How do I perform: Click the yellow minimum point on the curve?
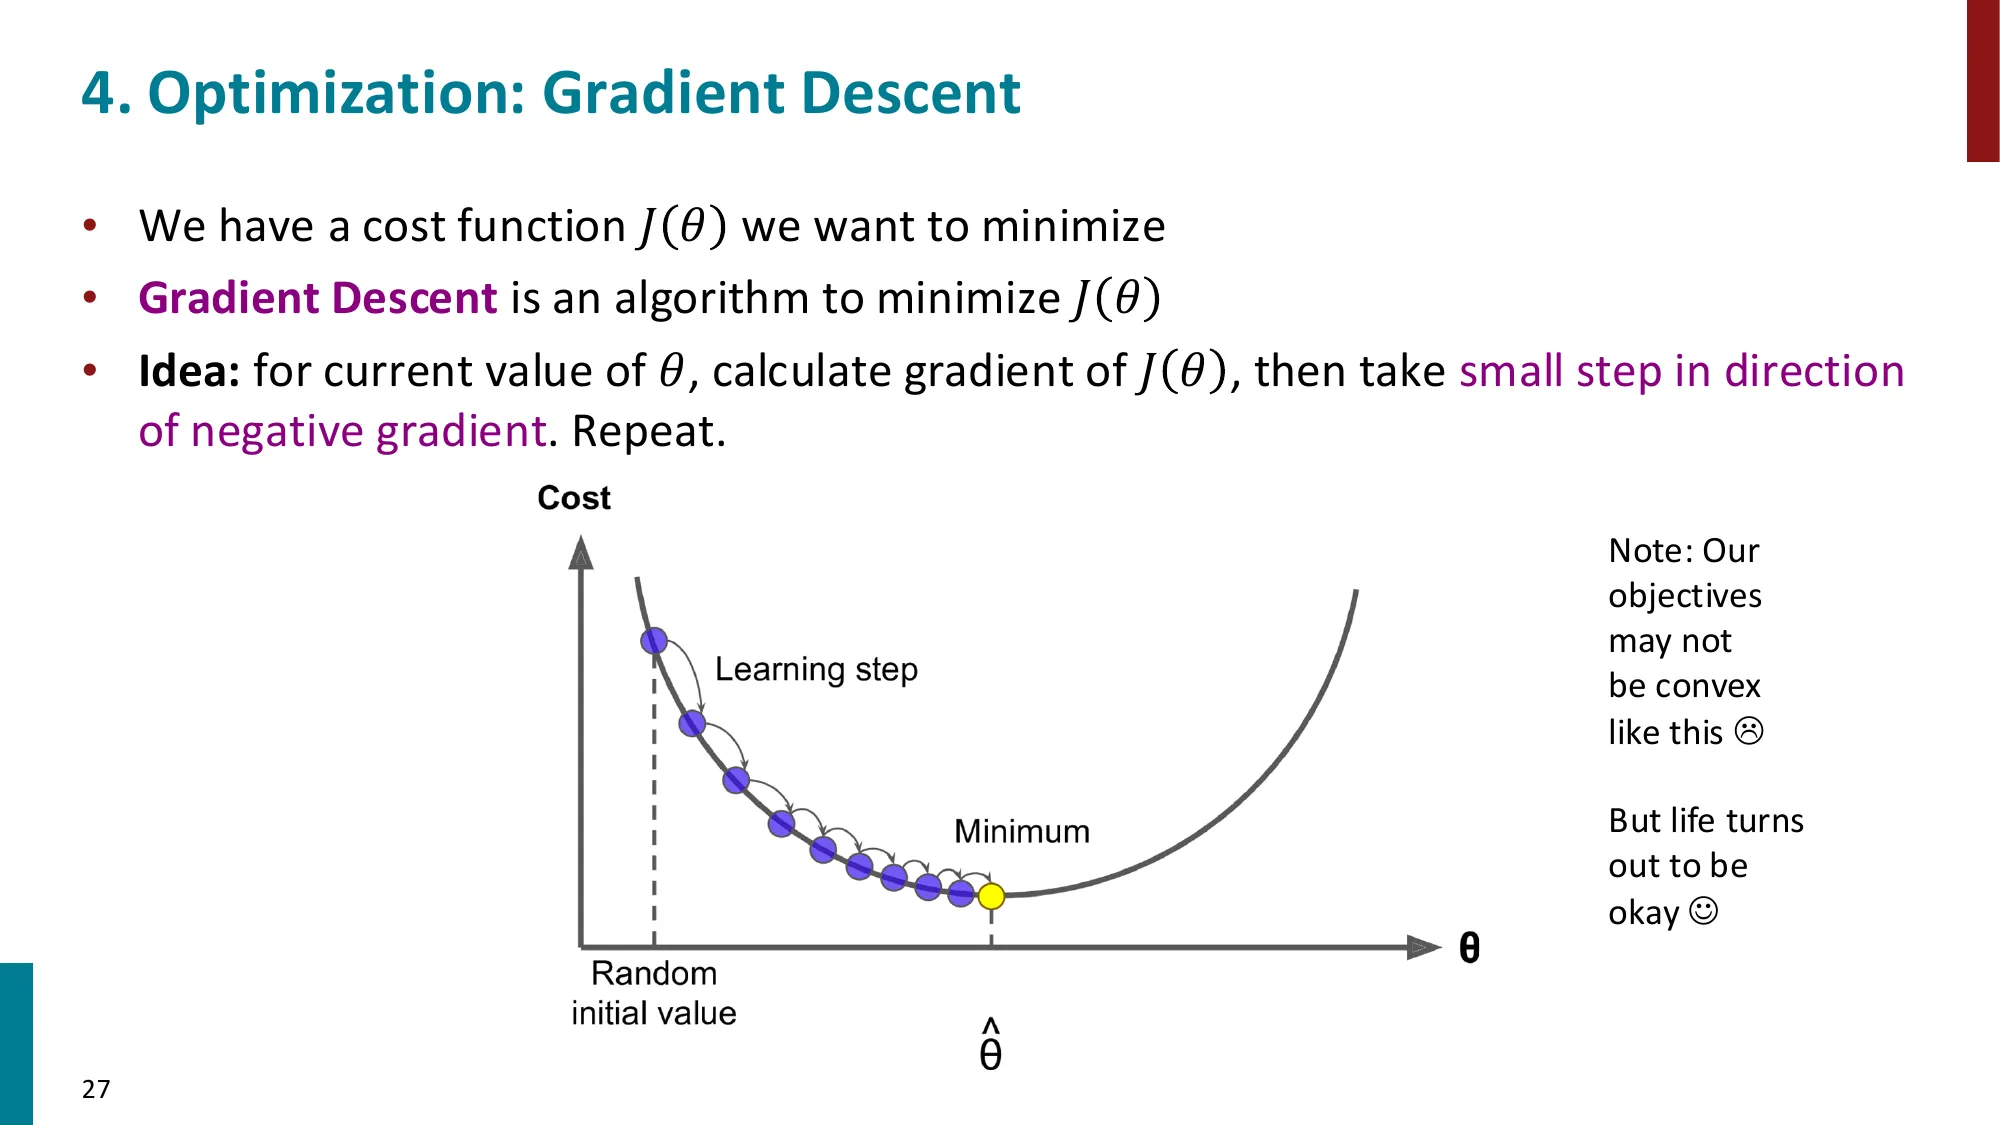coord(991,896)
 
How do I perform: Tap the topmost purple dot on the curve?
coord(654,640)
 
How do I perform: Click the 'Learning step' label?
coord(816,669)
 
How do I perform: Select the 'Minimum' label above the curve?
coord(1021,831)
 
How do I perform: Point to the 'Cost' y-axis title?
coord(573,498)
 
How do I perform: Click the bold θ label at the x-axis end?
coord(1469,947)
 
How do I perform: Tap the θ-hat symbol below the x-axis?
coord(990,1046)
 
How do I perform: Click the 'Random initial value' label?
coord(654,993)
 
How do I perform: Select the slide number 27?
coord(96,1089)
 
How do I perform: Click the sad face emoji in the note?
coord(1748,731)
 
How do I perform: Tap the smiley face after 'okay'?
coord(1703,911)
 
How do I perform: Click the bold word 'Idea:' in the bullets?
coord(189,371)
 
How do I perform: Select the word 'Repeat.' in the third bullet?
coord(648,432)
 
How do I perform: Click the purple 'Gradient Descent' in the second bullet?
coord(317,298)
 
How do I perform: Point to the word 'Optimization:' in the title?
coord(336,93)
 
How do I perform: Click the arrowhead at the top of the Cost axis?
coord(581,552)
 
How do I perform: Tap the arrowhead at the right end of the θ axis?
coord(1423,947)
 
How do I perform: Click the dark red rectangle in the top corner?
coord(1982,80)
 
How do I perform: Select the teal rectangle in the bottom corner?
coord(16,1043)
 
